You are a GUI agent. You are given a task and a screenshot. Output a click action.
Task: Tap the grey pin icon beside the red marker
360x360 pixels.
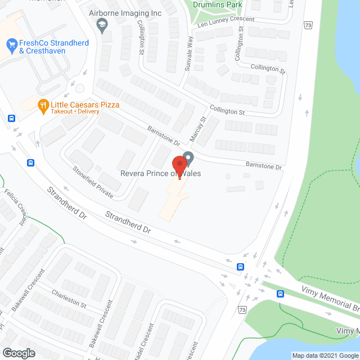[x=189, y=157]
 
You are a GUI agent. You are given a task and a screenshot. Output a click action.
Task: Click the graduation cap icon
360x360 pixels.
[x=102, y=25]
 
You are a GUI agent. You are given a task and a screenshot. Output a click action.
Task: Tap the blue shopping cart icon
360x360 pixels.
[x=11, y=43]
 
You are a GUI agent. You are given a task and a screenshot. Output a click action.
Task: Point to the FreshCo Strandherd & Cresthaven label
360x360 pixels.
[x=42, y=47]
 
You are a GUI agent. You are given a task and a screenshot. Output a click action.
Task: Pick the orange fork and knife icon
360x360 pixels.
[x=43, y=105]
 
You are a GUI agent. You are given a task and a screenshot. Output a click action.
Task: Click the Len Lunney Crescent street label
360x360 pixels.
[x=225, y=22]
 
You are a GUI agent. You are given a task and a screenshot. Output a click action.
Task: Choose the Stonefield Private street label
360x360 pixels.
[x=92, y=182]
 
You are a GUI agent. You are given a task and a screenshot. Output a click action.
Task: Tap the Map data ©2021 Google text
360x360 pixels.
[x=325, y=355]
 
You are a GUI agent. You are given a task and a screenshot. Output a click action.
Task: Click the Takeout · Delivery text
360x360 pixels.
[x=75, y=111]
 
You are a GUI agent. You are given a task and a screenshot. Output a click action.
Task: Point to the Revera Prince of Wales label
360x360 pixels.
[x=160, y=173]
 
